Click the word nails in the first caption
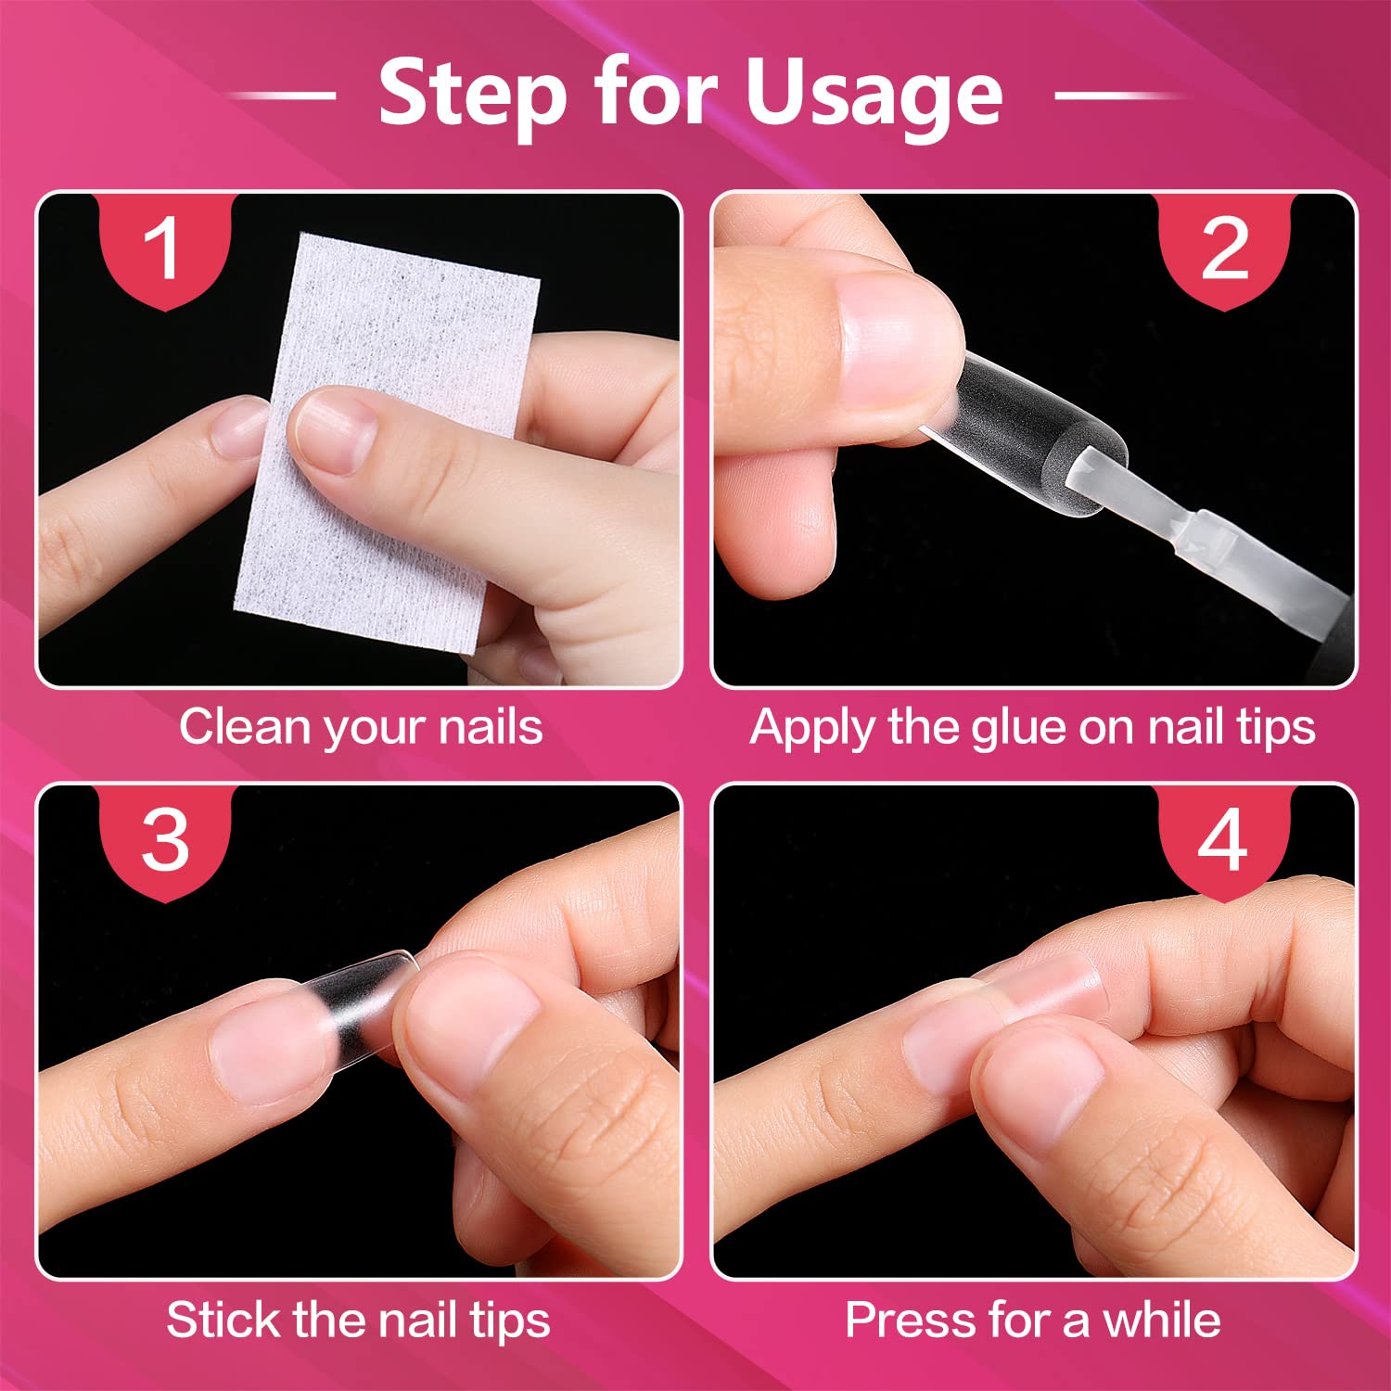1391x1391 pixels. pos(491,726)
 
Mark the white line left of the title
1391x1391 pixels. pos(281,96)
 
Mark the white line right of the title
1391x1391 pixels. pos(1119,96)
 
